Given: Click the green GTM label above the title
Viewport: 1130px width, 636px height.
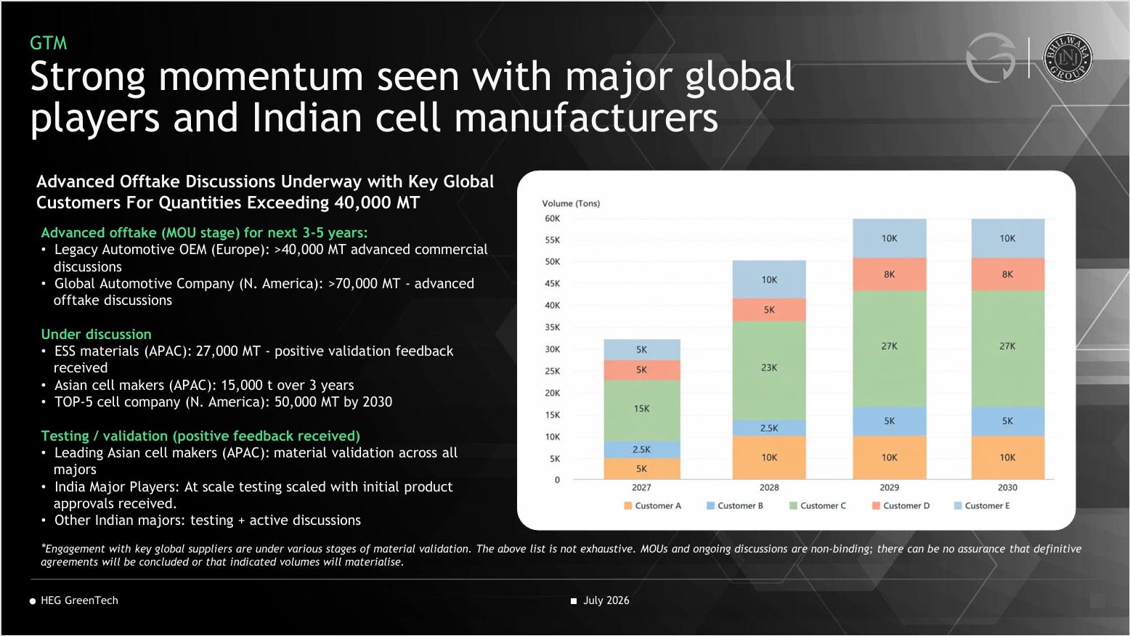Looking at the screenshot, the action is (49, 44).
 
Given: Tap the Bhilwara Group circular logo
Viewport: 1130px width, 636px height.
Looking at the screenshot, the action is (1068, 57).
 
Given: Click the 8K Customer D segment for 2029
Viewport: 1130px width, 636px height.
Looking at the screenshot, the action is (890, 274).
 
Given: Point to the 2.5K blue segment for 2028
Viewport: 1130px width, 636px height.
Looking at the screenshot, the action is (769, 428).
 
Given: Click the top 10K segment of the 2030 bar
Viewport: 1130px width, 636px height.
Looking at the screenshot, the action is (1007, 238).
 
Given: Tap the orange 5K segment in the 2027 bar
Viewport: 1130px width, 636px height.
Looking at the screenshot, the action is (642, 468).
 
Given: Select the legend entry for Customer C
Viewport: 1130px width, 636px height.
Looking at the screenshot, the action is (818, 505).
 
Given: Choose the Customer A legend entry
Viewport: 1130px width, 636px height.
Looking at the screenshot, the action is (653, 505).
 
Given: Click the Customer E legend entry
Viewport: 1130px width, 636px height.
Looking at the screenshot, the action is (982, 505).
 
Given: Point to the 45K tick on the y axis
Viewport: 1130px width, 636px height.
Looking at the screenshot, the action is (553, 283).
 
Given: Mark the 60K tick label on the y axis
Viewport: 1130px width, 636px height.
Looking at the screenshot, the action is (553, 219).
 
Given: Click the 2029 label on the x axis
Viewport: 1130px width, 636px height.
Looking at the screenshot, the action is (890, 488).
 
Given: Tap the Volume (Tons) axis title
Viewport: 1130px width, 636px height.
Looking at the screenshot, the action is (571, 203).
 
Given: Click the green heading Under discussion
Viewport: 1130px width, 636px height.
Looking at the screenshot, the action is (96, 334).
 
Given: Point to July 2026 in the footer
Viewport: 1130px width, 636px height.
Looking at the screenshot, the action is (606, 600).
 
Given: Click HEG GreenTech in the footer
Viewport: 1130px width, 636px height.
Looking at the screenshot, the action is (79, 600).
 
